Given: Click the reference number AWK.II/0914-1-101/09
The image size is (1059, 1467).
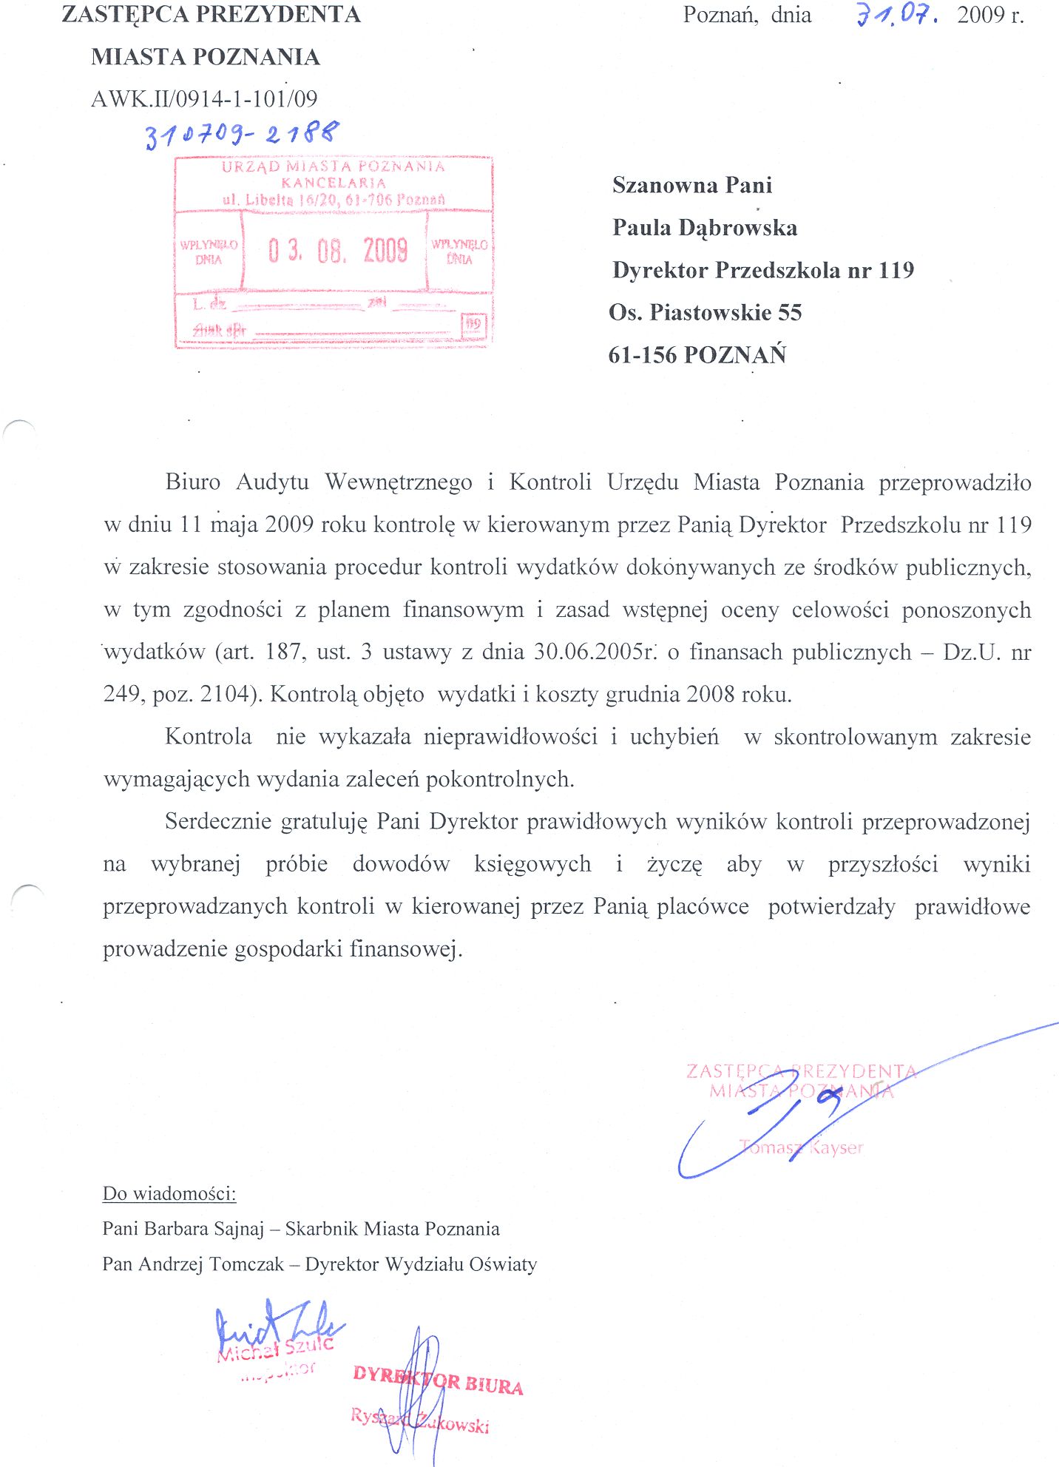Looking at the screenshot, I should [x=204, y=99].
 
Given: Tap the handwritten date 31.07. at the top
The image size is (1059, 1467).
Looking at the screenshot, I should [x=897, y=15].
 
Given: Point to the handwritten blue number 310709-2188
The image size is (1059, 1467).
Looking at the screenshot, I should [x=243, y=135].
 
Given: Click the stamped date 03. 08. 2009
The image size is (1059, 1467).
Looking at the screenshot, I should [x=337, y=252].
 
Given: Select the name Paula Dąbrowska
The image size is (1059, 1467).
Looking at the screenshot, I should [x=705, y=228].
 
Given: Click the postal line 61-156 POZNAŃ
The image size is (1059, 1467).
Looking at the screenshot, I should [x=697, y=355].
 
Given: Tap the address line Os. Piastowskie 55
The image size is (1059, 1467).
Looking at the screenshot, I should [x=705, y=313].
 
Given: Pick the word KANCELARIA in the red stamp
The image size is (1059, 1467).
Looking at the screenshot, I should [x=334, y=183].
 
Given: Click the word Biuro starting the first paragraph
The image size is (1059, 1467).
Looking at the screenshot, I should [x=193, y=482].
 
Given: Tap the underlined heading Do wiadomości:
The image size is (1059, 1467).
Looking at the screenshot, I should [x=169, y=1193].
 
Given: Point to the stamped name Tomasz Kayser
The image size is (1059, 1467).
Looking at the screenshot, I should [x=802, y=1147].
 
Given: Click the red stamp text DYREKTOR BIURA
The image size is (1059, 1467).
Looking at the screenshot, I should [x=438, y=1380].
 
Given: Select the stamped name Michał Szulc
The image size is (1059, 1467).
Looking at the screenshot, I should [x=275, y=1349].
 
